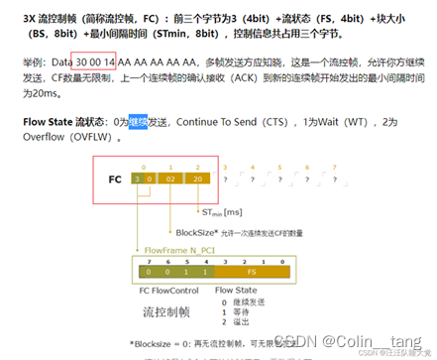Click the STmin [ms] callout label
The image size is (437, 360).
coord(225,211)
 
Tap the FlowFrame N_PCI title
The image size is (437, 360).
coord(182,251)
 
